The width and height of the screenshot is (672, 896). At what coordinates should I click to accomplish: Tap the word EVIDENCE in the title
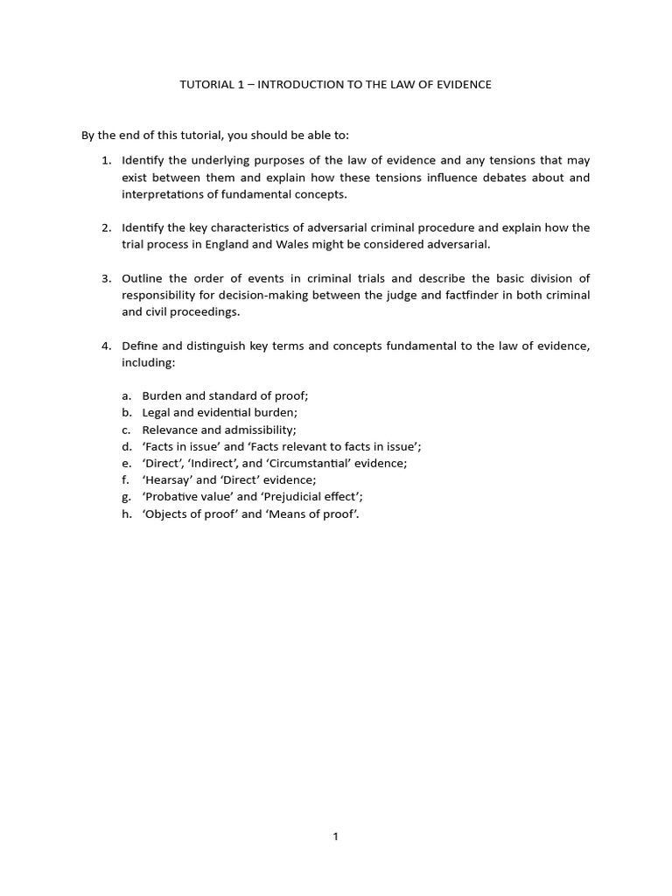(461, 85)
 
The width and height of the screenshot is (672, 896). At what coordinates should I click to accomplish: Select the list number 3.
(105, 278)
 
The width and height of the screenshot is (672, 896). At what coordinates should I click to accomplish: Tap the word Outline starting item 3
(143, 278)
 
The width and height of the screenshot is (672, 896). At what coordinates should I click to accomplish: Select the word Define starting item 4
(141, 346)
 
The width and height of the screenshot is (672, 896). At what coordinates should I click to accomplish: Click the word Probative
(173, 497)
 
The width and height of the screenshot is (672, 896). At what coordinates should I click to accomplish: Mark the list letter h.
(126, 514)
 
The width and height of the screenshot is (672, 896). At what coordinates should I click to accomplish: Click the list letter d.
(126, 446)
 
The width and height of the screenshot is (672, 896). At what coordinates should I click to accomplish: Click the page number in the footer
(335, 836)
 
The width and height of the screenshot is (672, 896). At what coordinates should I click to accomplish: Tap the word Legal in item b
(157, 412)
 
